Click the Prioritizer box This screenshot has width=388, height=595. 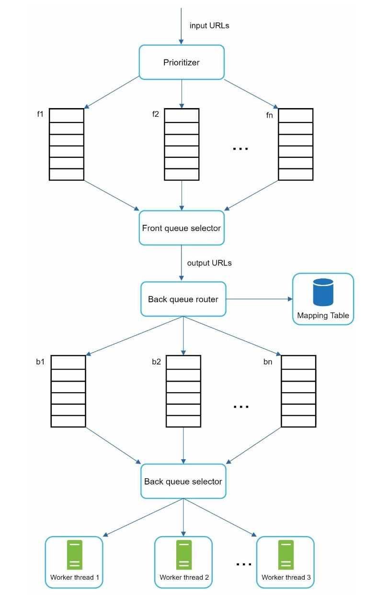tap(182, 62)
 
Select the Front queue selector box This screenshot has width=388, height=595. tap(182, 228)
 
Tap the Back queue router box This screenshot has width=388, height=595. tap(183, 299)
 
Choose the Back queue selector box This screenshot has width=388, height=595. tap(183, 481)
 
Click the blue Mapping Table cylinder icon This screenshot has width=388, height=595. tap(323, 292)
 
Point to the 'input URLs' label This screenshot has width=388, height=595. tap(209, 25)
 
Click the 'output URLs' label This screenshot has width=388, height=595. tap(209, 263)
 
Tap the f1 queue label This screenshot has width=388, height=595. tap(40, 114)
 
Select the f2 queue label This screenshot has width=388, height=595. tap(156, 114)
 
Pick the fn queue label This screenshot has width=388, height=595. tap(269, 115)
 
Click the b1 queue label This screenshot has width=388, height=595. tap(40, 362)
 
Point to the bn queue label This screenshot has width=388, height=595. tap(268, 362)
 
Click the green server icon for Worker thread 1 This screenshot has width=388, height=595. tap(74, 555)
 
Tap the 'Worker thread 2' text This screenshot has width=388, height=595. tap(184, 577)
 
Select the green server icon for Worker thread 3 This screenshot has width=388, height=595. tap(286, 555)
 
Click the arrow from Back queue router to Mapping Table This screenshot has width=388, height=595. tap(259, 299)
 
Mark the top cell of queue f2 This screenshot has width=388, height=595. tap(182, 115)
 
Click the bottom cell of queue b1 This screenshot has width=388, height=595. tap(68, 421)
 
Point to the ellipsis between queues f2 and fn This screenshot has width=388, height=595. tap(240, 149)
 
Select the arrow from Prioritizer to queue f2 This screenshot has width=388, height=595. tap(182, 94)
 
